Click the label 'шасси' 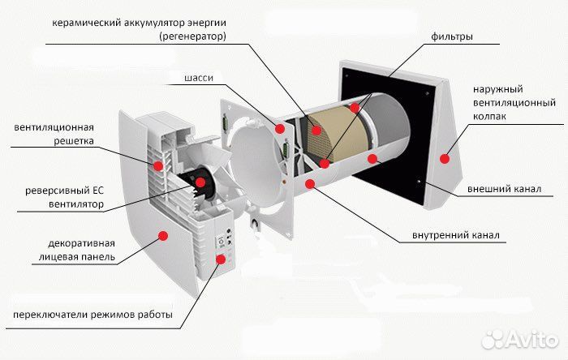click(x=200, y=78)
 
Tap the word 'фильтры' click(x=453, y=37)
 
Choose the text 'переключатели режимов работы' click(x=92, y=315)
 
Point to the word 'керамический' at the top click(x=84, y=24)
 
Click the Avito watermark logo click(x=519, y=337)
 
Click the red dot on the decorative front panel click(x=163, y=234)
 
